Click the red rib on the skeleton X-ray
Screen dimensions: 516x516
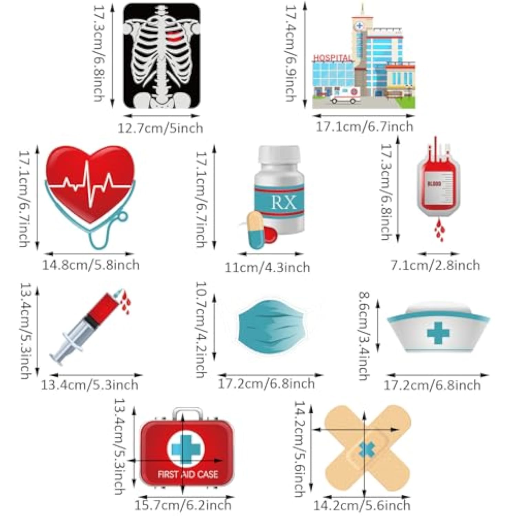coord(174,35)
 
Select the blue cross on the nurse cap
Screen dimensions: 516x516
coord(438,333)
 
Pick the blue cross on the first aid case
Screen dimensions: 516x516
coord(186,449)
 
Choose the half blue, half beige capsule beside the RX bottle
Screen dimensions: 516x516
coord(256,229)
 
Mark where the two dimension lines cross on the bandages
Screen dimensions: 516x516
coord(365,430)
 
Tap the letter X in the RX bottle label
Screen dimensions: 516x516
coord(290,203)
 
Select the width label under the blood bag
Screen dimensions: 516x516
coord(435,265)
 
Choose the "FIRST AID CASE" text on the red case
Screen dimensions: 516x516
coord(188,474)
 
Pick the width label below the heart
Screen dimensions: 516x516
coord(91,265)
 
